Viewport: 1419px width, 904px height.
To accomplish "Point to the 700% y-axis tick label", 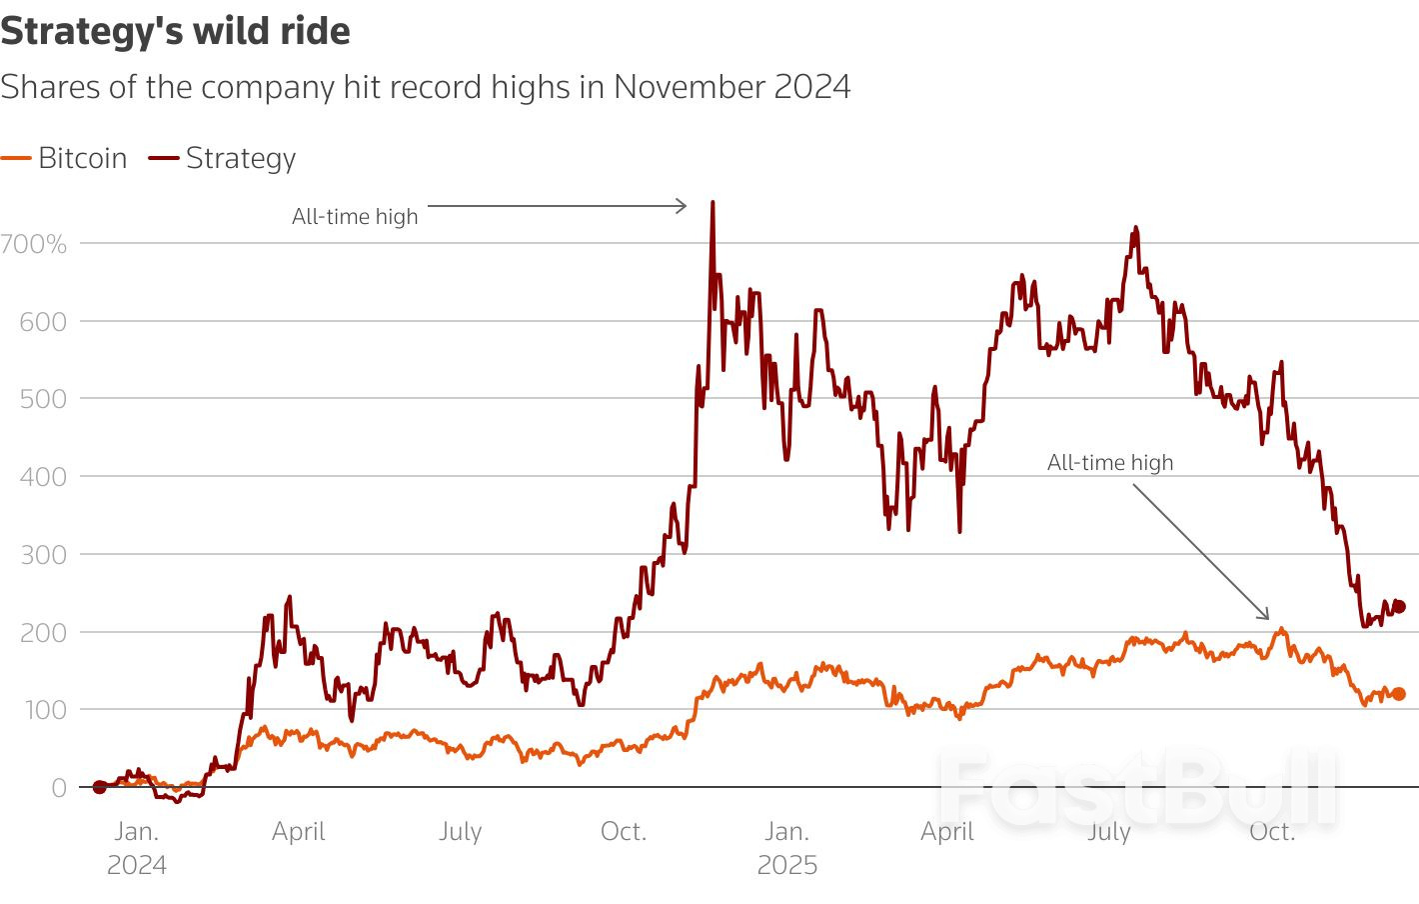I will (x=34, y=243).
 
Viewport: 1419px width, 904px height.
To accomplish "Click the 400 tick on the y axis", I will (x=43, y=476).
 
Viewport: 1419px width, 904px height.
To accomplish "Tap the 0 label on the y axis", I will (x=59, y=788).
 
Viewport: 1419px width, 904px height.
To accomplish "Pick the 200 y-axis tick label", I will (x=43, y=632).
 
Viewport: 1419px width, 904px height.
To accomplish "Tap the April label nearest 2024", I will (x=298, y=831).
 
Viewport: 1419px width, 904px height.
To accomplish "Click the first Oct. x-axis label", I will (x=623, y=831).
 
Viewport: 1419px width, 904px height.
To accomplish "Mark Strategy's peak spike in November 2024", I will (x=712, y=204).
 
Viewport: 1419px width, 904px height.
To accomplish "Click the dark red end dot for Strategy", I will (x=1399, y=606).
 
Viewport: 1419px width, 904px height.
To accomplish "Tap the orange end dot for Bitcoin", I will (x=1399, y=694).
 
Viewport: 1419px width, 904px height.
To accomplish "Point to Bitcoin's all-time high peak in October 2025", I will (x=1280, y=630).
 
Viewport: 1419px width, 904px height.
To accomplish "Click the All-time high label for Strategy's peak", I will (x=355, y=216).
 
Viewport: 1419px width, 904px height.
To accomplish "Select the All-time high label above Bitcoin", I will (x=1109, y=462).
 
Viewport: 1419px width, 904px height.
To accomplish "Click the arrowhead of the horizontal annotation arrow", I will (x=683, y=206).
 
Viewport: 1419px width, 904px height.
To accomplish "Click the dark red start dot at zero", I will (x=99, y=787).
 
